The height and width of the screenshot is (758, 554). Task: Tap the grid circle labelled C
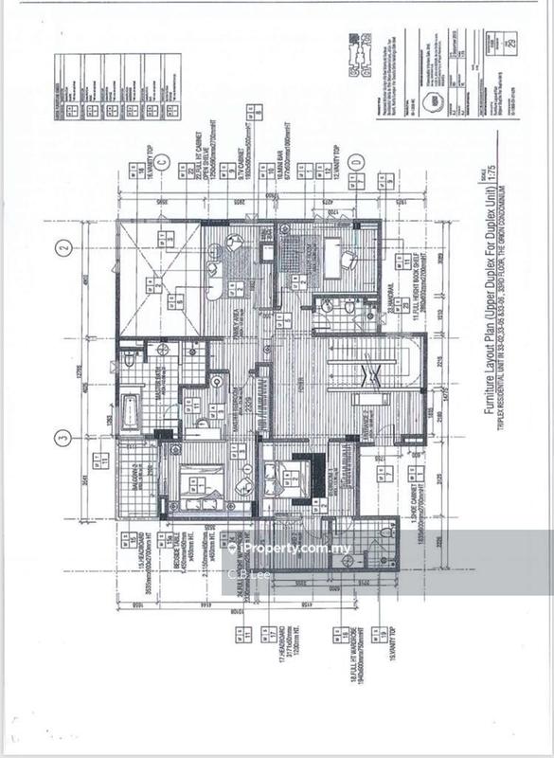163,163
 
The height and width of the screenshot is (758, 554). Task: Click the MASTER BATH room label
156,384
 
